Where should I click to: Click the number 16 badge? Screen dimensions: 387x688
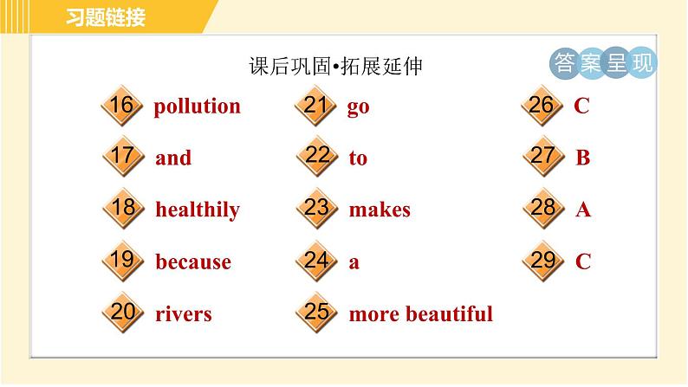click(121, 106)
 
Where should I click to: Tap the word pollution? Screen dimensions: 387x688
click(197, 106)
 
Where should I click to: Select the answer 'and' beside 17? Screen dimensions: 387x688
click(173, 158)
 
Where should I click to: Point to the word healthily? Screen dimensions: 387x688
click(197, 210)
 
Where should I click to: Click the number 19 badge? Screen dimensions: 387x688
click(121, 260)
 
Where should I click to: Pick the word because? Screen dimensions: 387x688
click(192, 261)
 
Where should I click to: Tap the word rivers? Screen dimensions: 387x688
click(183, 313)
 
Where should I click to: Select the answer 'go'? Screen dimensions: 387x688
click(358, 108)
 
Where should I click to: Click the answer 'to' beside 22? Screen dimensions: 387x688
click(358, 158)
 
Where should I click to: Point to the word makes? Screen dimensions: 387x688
click(379, 210)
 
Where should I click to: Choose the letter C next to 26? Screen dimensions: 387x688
click(581, 106)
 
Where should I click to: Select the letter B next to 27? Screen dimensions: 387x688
click(582, 158)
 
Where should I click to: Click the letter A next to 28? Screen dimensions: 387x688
click(582, 210)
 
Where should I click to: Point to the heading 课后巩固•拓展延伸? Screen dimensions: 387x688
click(334, 67)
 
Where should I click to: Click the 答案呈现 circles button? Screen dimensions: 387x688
click(603, 63)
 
